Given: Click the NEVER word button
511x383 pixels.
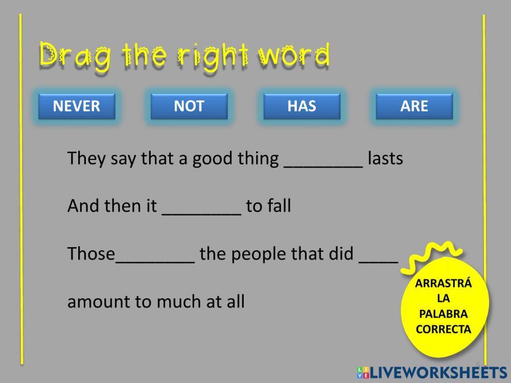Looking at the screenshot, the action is coord(77,106).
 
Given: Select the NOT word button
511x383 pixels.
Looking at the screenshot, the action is coord(189,106).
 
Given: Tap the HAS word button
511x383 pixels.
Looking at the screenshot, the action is coord(302,106).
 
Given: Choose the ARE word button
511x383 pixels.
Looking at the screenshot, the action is coord(414,106).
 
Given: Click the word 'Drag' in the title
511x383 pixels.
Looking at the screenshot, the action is coord(75,55).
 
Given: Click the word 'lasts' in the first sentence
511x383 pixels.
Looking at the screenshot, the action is coord(385,159).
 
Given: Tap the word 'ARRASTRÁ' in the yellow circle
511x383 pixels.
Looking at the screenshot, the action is coord(443,283).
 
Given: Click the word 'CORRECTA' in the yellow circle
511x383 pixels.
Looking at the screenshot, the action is coord(443,329).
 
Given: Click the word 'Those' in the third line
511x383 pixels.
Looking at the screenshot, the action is coord(91,254).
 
